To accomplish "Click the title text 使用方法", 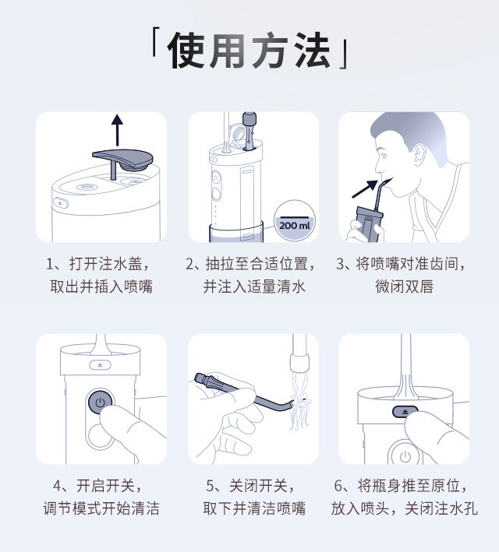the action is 249,50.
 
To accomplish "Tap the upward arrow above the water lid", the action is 118,130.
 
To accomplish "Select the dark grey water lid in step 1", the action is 123,161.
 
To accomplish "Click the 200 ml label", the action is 295,225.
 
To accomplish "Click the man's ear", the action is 419,155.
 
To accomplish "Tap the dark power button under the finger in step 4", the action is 100,402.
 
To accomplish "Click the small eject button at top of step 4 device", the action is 100,365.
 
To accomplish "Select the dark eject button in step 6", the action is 405,411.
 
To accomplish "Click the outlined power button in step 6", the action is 405,456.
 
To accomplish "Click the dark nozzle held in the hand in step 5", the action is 243,392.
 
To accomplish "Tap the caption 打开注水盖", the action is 105,264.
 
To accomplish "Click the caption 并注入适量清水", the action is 254,287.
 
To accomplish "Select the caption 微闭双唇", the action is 404,287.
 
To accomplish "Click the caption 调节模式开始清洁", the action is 101,508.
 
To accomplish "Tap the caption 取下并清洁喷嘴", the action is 254,508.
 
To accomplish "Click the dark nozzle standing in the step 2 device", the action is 249,130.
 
